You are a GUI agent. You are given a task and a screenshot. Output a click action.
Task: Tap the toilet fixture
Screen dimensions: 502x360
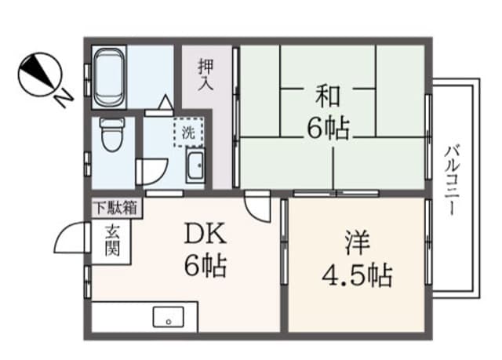click(111, 134)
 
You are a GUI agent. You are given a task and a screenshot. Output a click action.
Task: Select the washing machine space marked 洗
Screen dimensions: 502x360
click(188, 133)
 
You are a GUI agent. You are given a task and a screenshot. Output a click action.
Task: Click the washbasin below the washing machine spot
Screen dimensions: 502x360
click(195, 165)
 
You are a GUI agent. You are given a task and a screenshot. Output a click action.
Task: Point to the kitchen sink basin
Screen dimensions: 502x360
click(169, 317)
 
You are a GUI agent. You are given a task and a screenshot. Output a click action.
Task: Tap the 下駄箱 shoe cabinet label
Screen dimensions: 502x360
click(115, 208)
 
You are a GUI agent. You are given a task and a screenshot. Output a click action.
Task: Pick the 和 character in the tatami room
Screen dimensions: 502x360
click(328, 96)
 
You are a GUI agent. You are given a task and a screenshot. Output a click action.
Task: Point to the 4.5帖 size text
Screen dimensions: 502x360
click(357, 275)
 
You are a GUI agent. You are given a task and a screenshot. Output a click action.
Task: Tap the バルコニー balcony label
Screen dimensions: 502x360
click(452, 180)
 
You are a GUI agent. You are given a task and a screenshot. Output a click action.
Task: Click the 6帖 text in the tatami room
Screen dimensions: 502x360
click(328, 127)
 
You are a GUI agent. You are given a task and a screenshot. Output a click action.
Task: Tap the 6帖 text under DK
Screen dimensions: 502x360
click(206, 265)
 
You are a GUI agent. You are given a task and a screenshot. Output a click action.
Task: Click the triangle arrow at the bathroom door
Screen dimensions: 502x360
click(166, 103)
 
